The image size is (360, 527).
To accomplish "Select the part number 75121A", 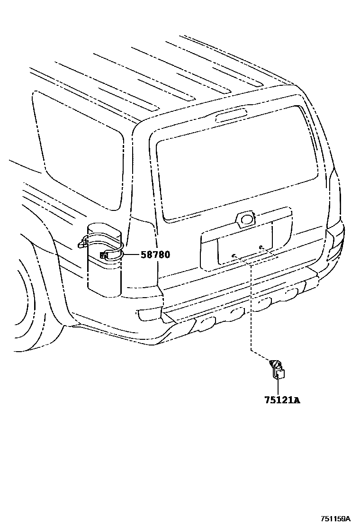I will click(x=282, y=400).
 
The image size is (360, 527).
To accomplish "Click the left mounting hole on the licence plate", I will click(x=234, y=255).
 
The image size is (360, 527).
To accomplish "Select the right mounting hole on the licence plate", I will click(x=261, y=247).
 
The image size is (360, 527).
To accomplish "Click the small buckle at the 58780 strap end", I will click(x=103, y=256).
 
